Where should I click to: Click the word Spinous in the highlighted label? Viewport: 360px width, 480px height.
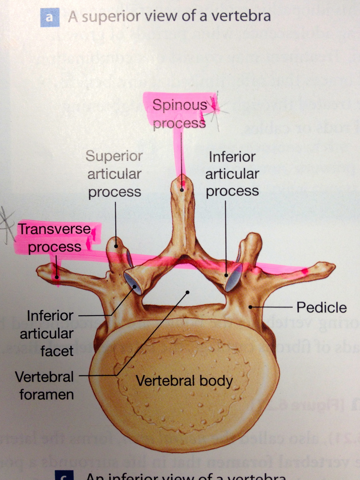(179, 105)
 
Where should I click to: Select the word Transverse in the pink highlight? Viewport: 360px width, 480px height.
(54, 229)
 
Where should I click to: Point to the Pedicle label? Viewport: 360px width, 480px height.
(321, 307)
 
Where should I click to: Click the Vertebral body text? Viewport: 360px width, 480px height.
(184, 381)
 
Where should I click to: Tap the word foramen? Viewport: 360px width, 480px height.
(47, 395)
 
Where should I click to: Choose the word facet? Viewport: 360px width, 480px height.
(57, 351)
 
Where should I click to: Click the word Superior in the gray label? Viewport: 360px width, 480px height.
(114, 156)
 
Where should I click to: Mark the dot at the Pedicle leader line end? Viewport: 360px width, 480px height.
(250, 307)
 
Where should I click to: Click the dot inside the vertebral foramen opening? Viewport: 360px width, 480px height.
(188, 292)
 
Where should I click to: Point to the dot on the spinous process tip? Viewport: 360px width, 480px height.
(182, 190)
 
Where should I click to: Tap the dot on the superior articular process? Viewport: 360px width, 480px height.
(116, 246)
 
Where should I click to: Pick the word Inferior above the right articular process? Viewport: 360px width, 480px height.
(232, 157)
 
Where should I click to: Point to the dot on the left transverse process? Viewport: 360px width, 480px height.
(57, 277)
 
